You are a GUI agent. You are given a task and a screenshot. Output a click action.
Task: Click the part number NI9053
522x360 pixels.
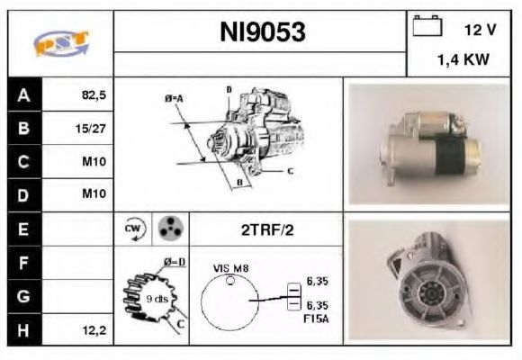pyautogui.click(x=263, y=32)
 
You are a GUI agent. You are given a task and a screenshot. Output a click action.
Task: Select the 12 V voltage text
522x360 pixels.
pyautogui.click(x=479, y=30)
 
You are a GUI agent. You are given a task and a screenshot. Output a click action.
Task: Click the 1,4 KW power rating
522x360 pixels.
pyautogui.click(x=464, y=61)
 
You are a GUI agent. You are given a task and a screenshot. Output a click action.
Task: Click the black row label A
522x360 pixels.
pyautogui.click(x=24, y=94)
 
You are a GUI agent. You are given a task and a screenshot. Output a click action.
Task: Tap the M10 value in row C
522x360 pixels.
pyautogui.click(x=93, y=162)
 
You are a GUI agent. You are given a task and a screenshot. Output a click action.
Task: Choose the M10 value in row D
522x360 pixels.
pyautogui.click(x=93, y=195)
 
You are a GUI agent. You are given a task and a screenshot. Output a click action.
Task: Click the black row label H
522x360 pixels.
pyautogui.click(x=24, y=330)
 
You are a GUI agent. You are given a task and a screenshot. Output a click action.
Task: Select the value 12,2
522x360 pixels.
pyautogui.click(x=93, y=330)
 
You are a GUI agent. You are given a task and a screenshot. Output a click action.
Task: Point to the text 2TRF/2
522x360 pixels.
pyautogui.click(x=266, y=229)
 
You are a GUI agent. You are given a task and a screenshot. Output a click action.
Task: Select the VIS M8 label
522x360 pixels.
pyautogui.click(x=230, y=267)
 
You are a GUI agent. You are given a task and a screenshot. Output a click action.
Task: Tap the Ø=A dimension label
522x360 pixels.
pyautogui.click(x=173, y=97)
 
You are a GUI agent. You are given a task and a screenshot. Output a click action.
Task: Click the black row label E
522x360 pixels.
pyautogui.click(x=24, y=229)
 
